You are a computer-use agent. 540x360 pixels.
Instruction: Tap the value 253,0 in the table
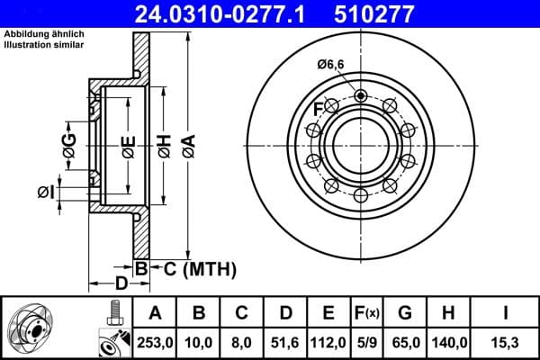(154, 343)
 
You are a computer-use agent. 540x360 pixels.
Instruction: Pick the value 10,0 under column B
(199, 343)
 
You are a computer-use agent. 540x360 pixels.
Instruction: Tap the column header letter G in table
(406, 313)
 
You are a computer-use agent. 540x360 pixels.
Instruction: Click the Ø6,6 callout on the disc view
(331, 64)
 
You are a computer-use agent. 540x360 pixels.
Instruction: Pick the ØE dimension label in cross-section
(129, 145)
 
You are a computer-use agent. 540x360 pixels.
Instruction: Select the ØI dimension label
(46, 191)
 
